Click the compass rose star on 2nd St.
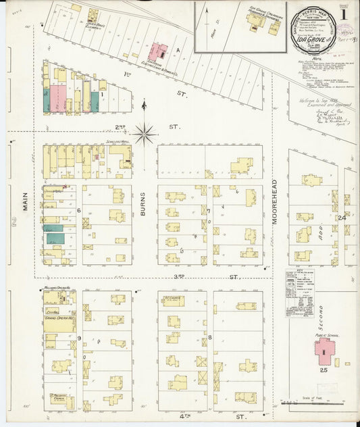[144, 133]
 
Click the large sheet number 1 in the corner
[344, 13]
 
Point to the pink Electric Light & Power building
[159, 52]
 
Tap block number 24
[342, 218]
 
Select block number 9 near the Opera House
[79, 338]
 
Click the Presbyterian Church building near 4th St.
[59, 399]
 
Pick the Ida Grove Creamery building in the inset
[258, 21]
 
